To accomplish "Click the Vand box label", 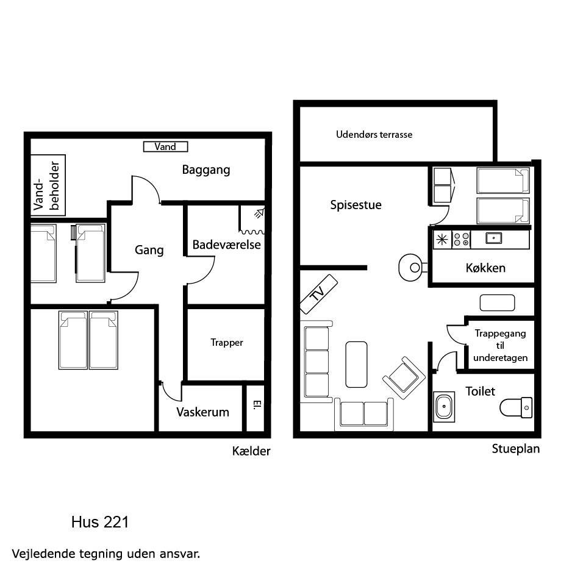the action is tap(165, 146).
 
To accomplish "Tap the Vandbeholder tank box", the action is tap(48, 185).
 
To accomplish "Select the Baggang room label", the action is tap(206, 170).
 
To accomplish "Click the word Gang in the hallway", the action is tap(149, 250).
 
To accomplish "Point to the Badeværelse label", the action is tap(226, 245).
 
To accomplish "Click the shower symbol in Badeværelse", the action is tap(259, 213).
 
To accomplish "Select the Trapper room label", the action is tap(226, 343).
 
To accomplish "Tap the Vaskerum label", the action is tap(203, 412).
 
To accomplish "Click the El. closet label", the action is tap(257, 405).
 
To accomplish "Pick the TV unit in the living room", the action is tap(319, 294).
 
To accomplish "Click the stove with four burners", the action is tap(461, 240).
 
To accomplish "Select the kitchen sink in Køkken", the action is tap(493, 238).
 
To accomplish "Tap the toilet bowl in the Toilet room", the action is tap(516, 407).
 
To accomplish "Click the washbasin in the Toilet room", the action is tap(444, 407).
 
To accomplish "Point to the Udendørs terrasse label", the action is tap(374, 135).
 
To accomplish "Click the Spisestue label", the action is tap(356, 205).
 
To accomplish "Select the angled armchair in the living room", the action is tap(404, 378).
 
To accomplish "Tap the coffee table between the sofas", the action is tap(356, 365).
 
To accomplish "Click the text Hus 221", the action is tap(100, 522).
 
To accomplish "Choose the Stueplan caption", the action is tap(516, 449).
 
